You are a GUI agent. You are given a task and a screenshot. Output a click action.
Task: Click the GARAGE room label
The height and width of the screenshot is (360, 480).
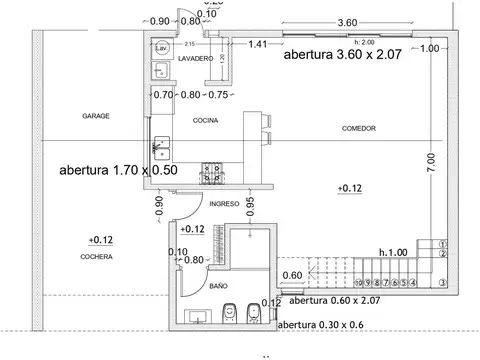point(96,116)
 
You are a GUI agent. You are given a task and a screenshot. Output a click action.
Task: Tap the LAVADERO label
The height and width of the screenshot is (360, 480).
point(196,60)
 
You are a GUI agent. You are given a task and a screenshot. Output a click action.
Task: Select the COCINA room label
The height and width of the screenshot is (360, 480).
point(205,120)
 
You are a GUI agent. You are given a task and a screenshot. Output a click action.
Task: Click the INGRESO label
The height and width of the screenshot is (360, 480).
point(224,204)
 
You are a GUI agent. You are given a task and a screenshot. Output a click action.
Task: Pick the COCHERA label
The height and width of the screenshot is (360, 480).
point(97,257)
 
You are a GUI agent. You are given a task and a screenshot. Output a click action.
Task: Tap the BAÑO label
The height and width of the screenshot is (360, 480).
point(219,286)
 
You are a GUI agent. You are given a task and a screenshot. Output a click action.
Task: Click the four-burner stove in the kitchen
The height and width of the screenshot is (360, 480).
point(213,170)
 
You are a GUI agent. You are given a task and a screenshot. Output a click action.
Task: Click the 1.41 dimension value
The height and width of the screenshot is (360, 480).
point(256,44)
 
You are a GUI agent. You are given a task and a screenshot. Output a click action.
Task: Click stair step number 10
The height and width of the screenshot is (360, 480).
point(357,283)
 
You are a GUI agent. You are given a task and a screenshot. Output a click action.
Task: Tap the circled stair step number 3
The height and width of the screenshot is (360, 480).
point(441,283)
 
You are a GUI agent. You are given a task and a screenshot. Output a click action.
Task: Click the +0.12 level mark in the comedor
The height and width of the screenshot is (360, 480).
point(351,187)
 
